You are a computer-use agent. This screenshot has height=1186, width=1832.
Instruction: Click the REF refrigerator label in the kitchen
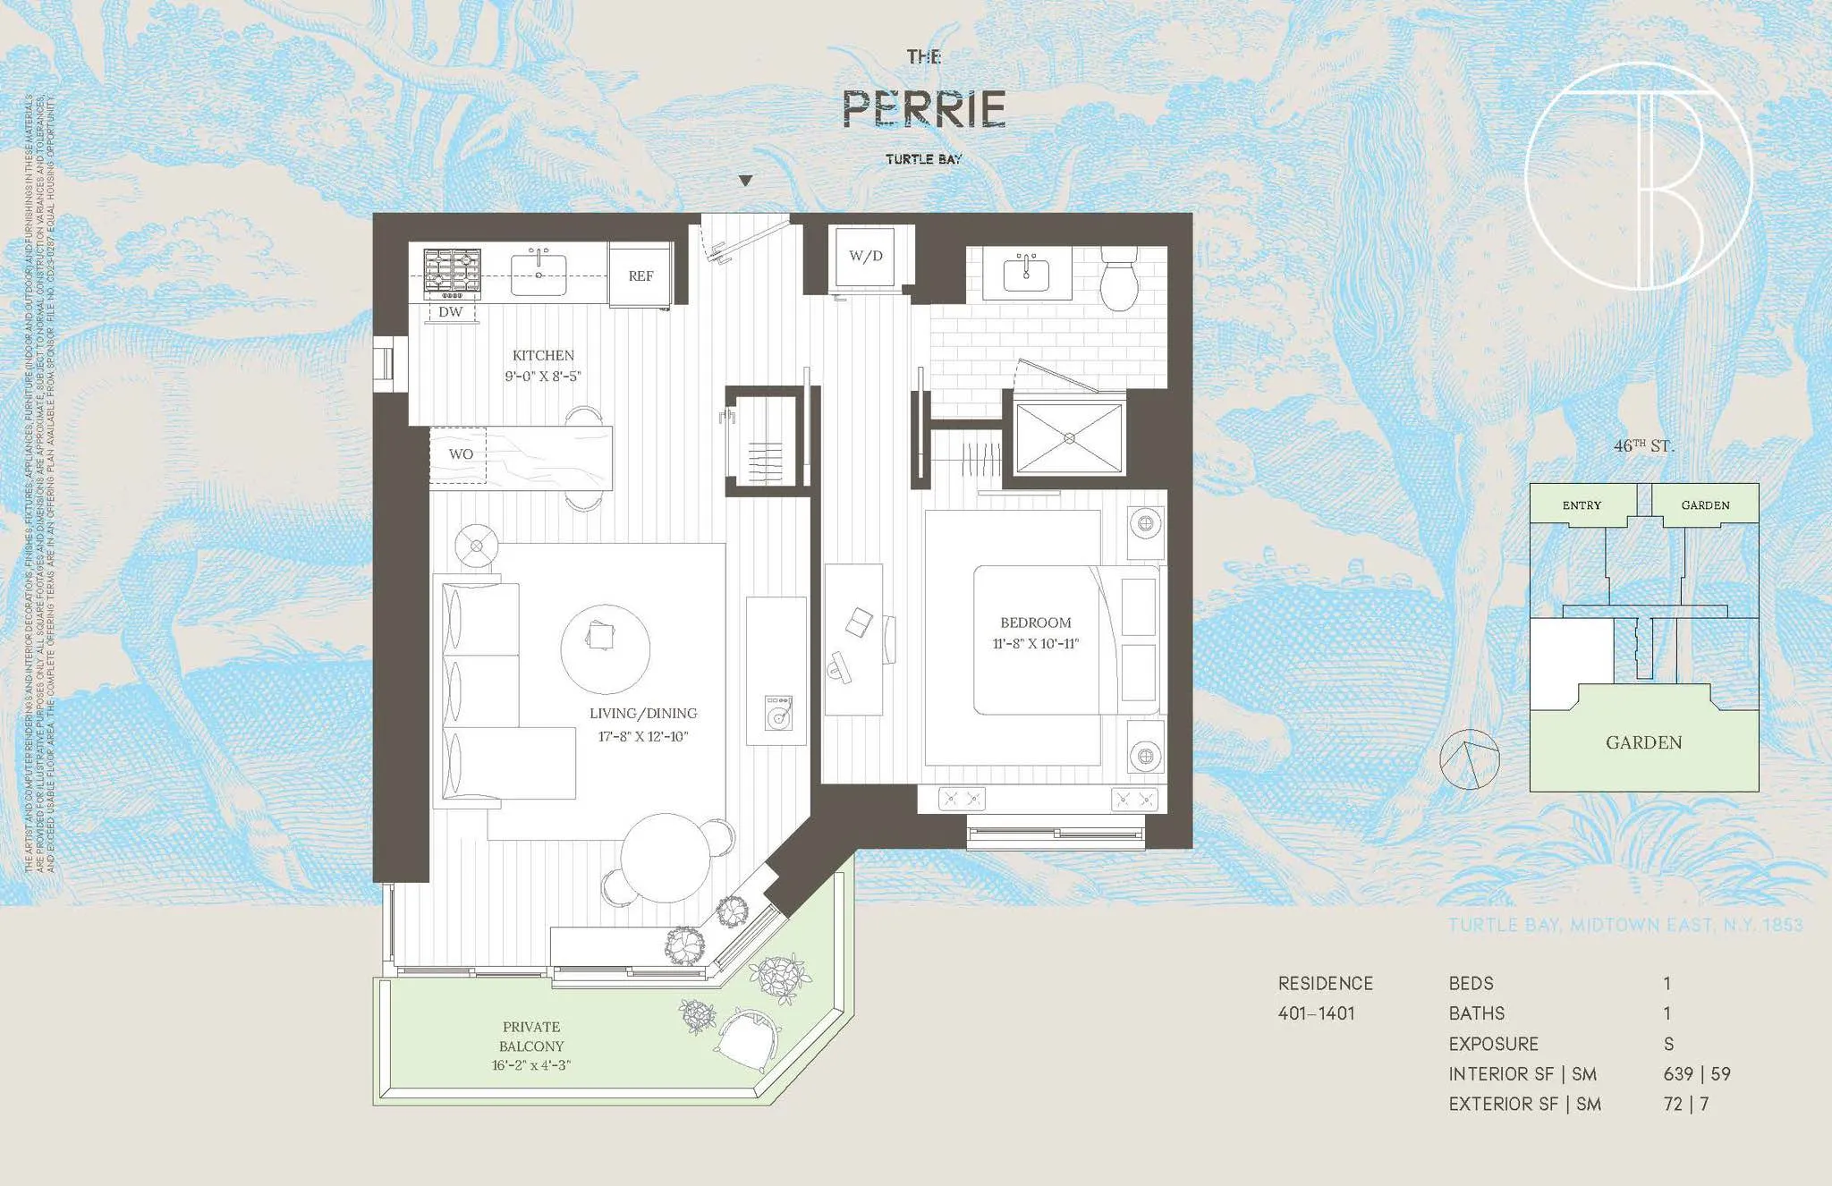click(x=640, y=276)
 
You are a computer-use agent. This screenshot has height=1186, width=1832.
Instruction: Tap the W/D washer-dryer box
click(x=865, y=257)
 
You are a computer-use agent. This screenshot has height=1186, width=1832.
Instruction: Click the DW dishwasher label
click(x=451, y=312)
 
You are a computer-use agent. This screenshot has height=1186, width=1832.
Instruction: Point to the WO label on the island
click(x=461, y=454)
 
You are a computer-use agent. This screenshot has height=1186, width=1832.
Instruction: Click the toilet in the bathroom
click(x=1118, y=279)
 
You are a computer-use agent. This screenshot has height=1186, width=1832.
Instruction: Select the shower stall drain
click(x=1070, y=438)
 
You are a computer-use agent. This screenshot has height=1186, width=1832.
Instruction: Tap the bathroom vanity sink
click(x=1026, y=273)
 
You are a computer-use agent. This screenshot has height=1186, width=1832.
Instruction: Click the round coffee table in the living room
click(x=605, y=649)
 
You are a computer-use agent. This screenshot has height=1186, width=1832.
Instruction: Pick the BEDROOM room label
click(x=1035, y=623)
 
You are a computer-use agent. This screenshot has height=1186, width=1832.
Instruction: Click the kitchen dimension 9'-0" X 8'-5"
click(x=543, y=377)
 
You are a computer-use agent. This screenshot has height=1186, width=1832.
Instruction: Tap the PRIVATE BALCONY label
click(x=531, y=1036)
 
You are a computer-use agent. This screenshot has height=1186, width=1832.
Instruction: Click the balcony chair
click(x=747, y=1040)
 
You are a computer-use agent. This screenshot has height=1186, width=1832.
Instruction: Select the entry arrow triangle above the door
click(x=745, y=181)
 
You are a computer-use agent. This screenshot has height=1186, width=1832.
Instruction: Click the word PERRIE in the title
click(x=924, y=109)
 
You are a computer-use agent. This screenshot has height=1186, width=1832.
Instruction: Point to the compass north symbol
click(x=1469, y=759)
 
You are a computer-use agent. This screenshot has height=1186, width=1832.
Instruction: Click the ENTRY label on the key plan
click(x=1582, y=505)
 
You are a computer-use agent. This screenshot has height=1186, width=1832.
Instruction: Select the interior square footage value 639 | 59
click(x=1697, y=1073)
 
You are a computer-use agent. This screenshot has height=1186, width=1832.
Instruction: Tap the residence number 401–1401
click(x=1316, y=1013)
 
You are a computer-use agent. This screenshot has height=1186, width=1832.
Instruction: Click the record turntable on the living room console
click(x=777, y=714)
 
